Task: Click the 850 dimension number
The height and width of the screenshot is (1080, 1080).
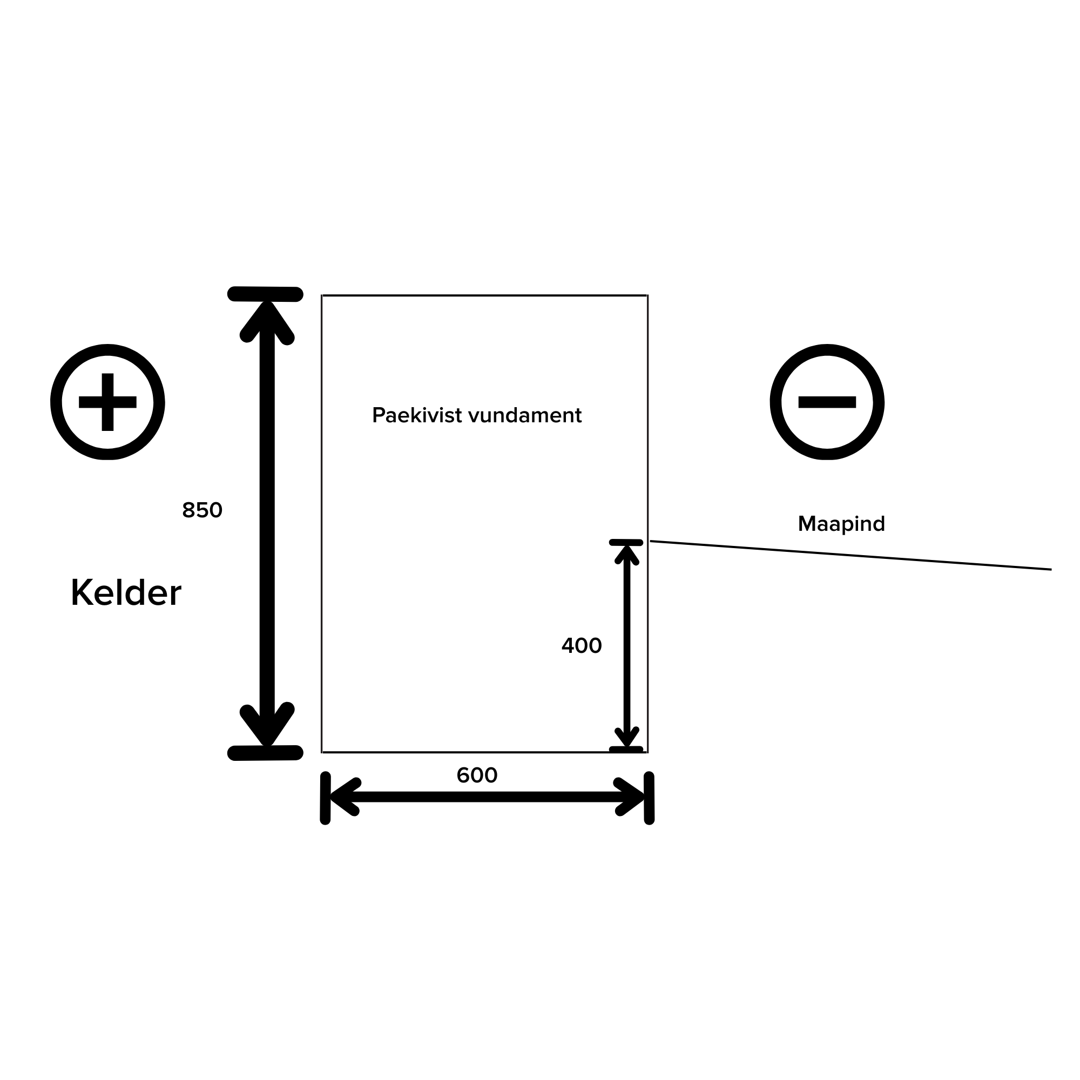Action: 202,510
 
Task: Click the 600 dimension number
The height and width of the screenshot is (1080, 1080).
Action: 477,775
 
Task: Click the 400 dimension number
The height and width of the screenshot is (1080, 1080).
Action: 582,646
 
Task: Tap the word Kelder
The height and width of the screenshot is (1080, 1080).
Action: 126,592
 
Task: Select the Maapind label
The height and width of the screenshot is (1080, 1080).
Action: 841,524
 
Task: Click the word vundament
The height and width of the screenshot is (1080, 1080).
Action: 525,415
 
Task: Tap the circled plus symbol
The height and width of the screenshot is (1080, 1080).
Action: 107,402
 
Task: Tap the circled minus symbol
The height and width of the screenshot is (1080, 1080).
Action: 827,402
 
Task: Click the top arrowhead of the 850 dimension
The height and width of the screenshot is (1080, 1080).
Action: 267,319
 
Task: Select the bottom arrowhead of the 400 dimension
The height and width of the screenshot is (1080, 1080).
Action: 626,737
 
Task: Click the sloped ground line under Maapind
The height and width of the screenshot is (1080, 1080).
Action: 849,555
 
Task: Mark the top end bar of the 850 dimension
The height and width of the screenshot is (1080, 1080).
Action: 266,294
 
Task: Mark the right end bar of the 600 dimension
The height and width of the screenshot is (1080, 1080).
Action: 649,798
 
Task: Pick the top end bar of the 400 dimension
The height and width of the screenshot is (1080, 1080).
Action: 626,542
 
